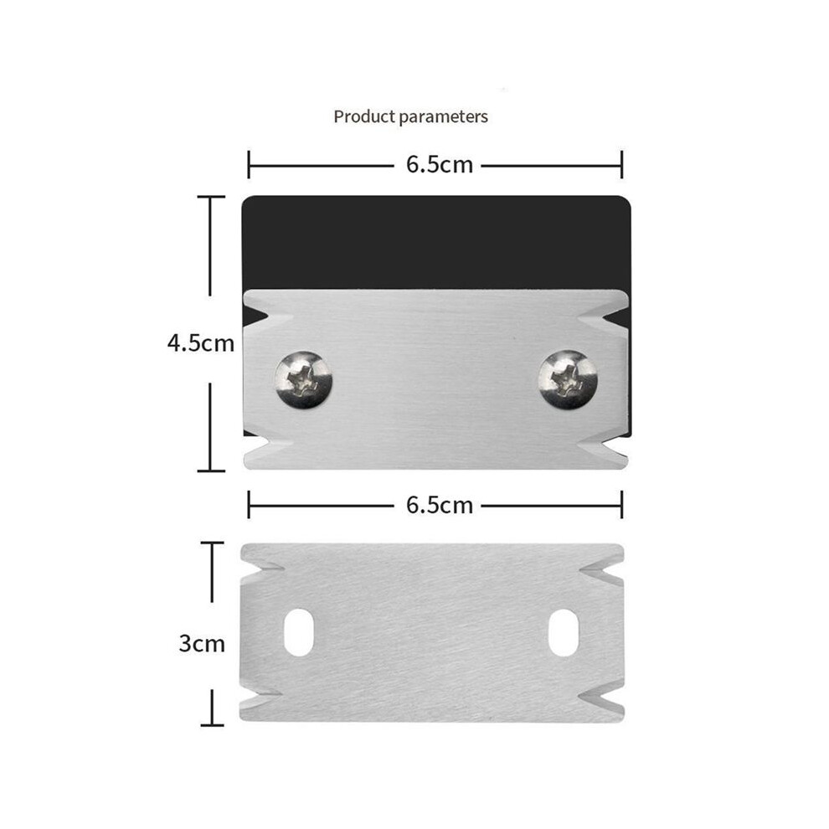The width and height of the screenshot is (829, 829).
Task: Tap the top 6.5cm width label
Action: pyautogui.click(x=440, y=164)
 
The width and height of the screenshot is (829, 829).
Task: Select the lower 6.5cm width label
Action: pyautogui.click(x=440, y=505)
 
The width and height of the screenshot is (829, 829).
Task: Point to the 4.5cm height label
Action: pyautogui.click(x=201, y=343)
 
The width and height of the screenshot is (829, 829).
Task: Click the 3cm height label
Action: pyautogui.click(x=202, y=643)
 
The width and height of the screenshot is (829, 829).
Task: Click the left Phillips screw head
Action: pyautogui.click(x=303, y=379)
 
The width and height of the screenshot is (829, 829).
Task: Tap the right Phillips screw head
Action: pyautogui.click(x=568, y=379)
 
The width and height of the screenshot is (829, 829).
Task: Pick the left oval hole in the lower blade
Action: pyautogui.click(x=299, y=632)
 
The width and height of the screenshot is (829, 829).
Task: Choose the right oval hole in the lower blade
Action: pyautogui.click(x=564, y=632)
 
